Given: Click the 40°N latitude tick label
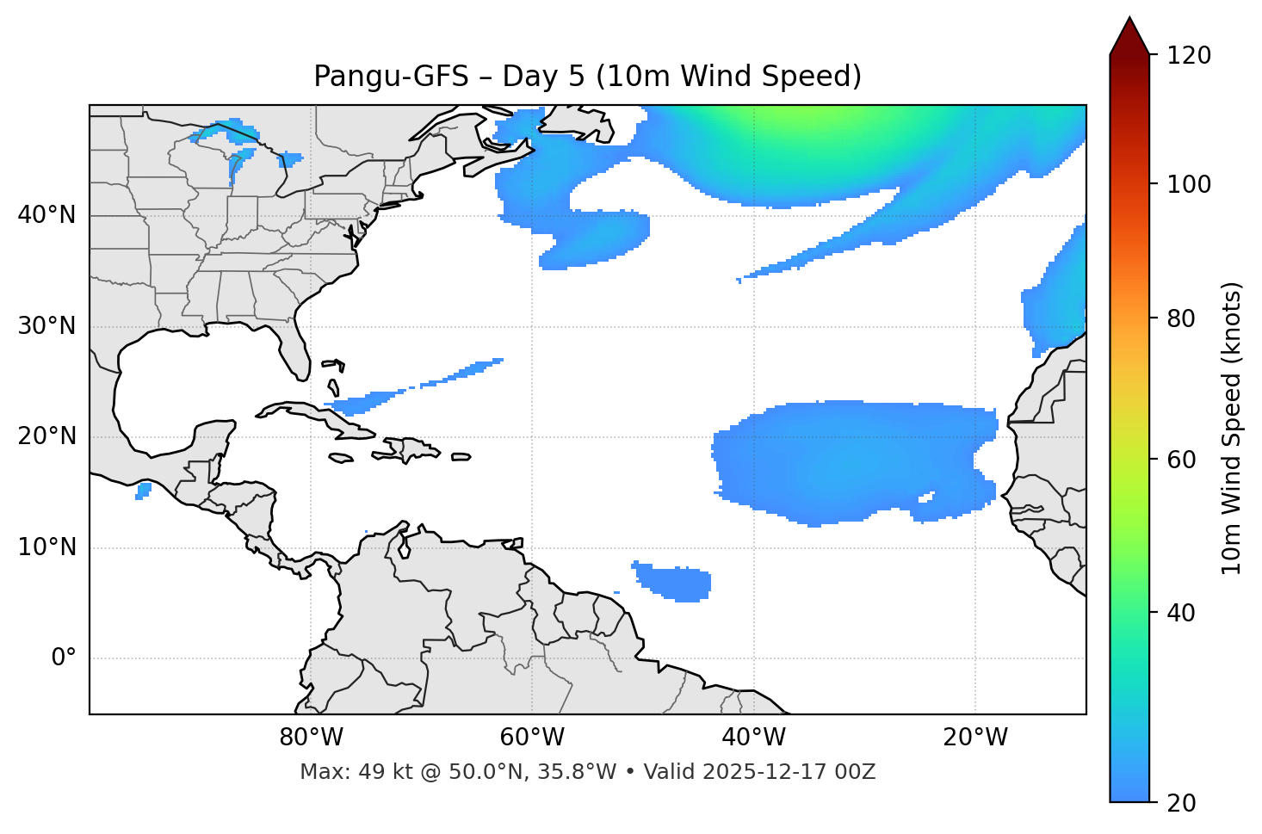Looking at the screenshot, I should [x=46, y=215].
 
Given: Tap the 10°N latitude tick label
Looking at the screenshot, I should [x=46, y=547].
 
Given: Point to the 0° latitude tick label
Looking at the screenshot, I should [x=64, y=658].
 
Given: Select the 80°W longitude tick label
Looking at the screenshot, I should [x=311, y=738].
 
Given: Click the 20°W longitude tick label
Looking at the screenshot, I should [x=975, y=738].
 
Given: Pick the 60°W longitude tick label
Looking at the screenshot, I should [x=532, y=738].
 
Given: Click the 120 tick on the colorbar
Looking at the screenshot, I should [x=1189, y=56].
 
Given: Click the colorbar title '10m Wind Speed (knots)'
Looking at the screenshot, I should [x=1232, y=429].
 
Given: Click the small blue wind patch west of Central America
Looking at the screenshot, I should [x=143, y=491].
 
